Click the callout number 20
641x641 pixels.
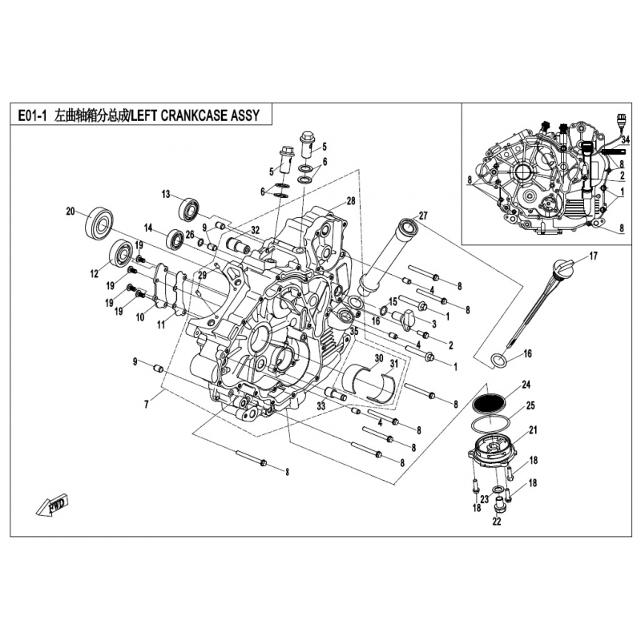tap(71, 212)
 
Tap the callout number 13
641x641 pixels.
tap(166, 194)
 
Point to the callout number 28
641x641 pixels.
tap(350, 200)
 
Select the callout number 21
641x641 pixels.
tap(533, 431)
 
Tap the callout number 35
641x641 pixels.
tap(353, 329)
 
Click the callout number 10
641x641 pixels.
tap(139, 317)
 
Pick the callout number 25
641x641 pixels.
tap(529, 407)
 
